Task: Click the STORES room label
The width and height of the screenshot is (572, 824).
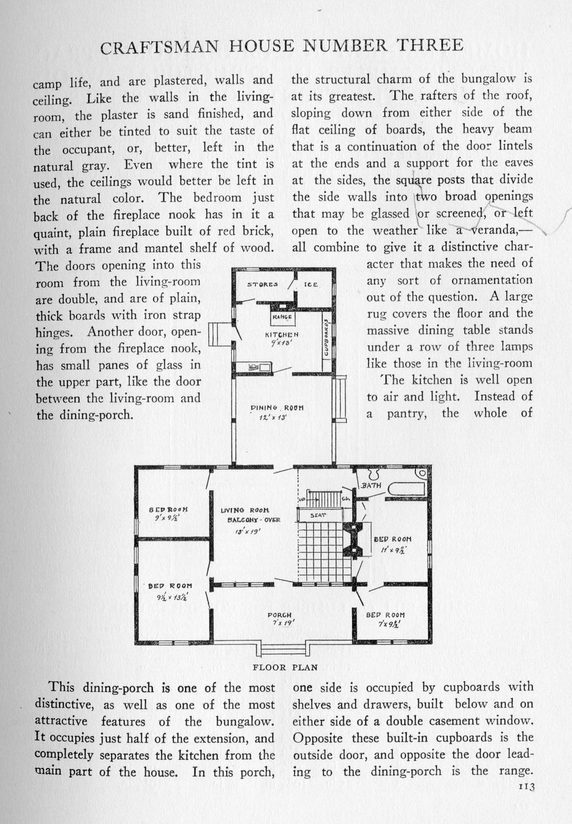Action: click(x=262, y=284)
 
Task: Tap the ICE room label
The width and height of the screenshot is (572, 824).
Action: click(x=311, y=284)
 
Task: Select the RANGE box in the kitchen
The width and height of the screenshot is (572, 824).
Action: click(x=282, y=317)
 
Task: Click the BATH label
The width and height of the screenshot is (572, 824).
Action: click(x=371, y=485)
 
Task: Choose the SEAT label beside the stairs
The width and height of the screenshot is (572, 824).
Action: click(x=318, y=514)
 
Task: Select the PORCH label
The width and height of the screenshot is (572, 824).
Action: click(x=279, y=615)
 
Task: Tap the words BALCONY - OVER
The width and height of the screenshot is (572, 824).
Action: click(x=253, y=520)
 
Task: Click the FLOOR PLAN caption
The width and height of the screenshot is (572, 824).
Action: click(x=285, y=668)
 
